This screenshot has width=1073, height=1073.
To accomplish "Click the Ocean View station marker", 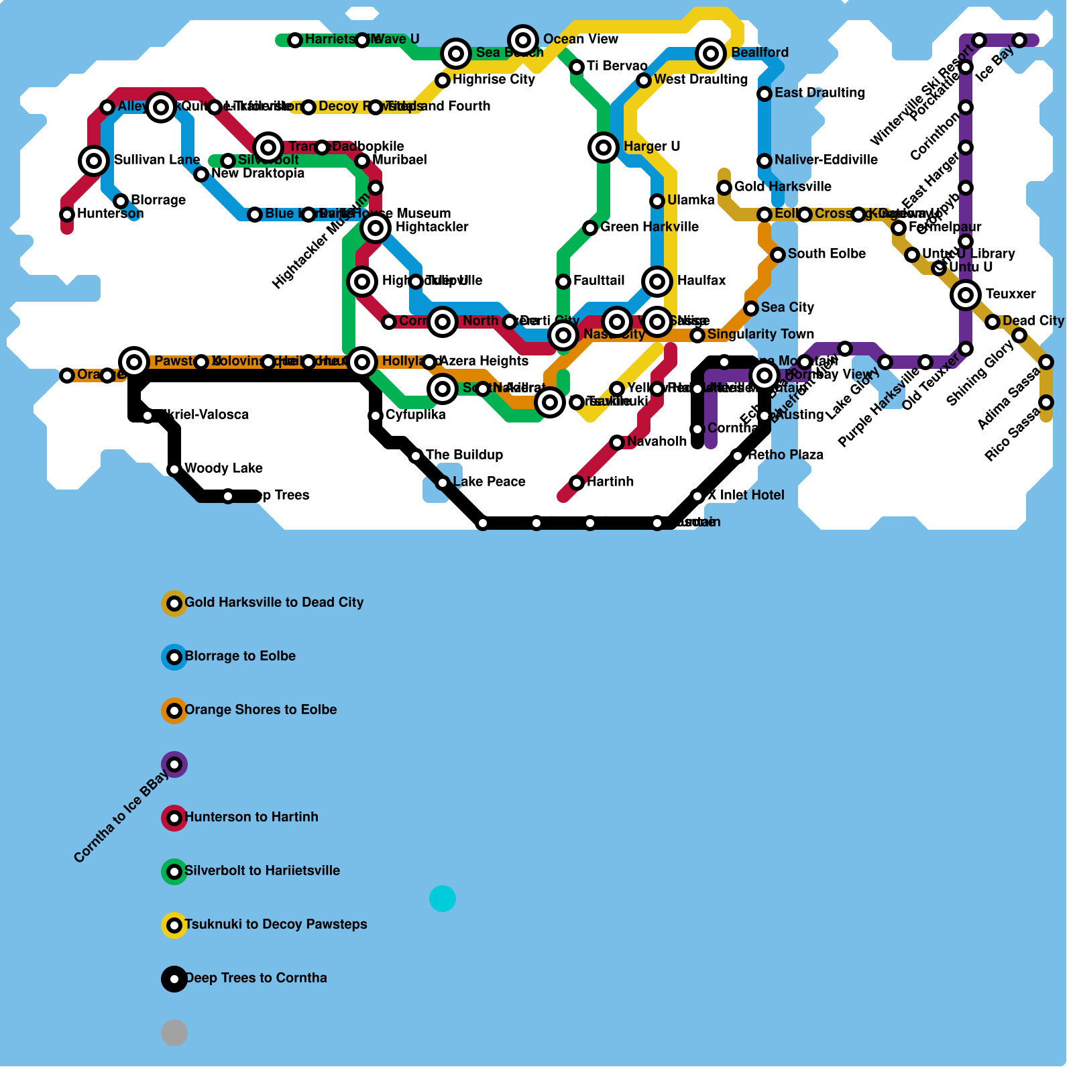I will pyautogui.click(x=523, y=40).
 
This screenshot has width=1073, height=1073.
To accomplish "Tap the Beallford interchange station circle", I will pyautogui.click(x=711, y=53).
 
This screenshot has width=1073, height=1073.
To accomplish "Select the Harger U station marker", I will pyautogui.click(x=604, y=147).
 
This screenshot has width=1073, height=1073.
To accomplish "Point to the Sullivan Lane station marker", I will pyautogui.click(x=94, y=160).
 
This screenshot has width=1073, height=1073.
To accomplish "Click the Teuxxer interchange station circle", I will pyautogui.click(x=966, y=294).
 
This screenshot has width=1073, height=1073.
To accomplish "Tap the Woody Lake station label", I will pyautogui.click(x=223, y=468).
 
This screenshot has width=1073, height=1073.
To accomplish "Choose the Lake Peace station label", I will pyautogui.click(x=489, y=482).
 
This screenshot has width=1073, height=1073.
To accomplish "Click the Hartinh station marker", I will pyautogui.click(x=577, y=482).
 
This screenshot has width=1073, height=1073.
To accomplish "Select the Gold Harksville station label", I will pyautogui.click(x=783, y=186).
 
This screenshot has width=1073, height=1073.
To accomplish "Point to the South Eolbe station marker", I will pyautogui.click(x=778, y=254).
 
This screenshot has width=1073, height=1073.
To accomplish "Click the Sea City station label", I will pyautogui.click(x=787, y=307).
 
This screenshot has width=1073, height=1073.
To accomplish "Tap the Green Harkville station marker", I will pyautogui.click(x=590, y=227).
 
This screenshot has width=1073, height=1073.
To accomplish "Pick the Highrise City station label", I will pyautogui.click(x=494, y=79).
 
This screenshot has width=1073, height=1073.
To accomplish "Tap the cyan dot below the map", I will pyautogui.click(x=443, y=898).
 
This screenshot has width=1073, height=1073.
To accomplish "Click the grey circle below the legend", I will pyautogui.click(x=174, y=1032).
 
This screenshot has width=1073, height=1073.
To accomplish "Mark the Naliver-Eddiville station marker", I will pyautogui.click(x=765, y=160).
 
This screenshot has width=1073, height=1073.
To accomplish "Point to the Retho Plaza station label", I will pyautogui.click(x=785, y=455).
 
